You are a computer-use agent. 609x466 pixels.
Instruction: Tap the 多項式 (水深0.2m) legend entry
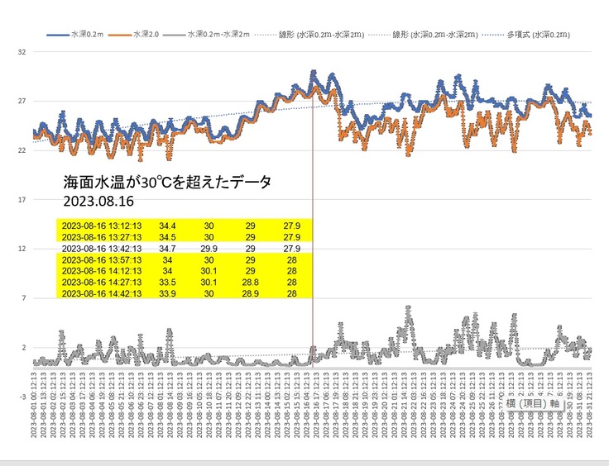[546, 36]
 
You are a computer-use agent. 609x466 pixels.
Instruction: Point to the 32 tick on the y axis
[22, 51]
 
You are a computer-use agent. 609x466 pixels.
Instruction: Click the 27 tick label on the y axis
[22, 101]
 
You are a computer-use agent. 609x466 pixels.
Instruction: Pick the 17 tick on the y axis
[22, 199]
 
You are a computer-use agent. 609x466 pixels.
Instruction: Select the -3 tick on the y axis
[22, 396]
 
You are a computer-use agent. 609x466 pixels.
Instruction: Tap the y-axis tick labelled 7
[24, 297]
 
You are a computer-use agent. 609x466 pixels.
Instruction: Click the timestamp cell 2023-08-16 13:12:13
[102, 225]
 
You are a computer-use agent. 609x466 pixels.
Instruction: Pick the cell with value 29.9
[209, 247]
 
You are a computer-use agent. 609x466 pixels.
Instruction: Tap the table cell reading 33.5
[168, 281]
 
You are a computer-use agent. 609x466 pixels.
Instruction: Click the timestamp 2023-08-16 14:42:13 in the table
[102, 292]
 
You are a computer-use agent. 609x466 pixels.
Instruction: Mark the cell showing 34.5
[168, 236]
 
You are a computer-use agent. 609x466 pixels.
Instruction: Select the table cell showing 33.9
[168, 292]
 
